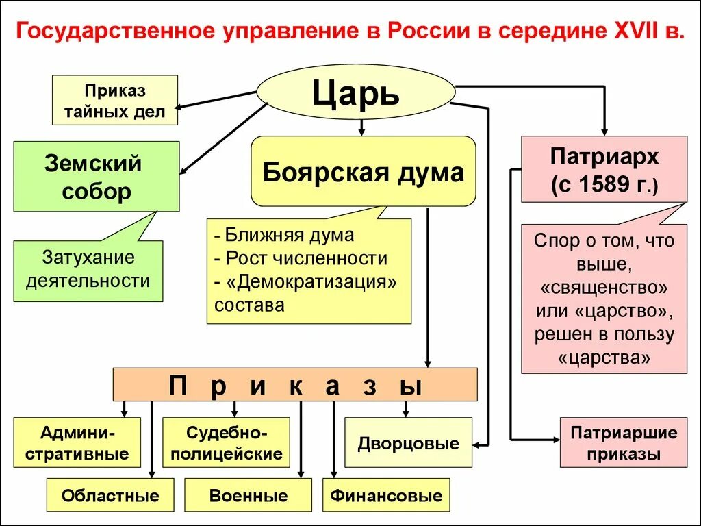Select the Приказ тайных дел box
point(115,100)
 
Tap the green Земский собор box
point(97,176)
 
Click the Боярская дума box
point(363,171)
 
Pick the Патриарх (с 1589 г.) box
point(604,169)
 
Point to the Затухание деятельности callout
point(88,270)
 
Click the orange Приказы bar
point(295,384)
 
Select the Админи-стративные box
point(77,442)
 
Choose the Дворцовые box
point(408,442)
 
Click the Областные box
point(110,495)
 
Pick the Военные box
point(248,495)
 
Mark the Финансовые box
point(386,495)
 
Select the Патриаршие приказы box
point(623,442)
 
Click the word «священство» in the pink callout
point(604,286)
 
